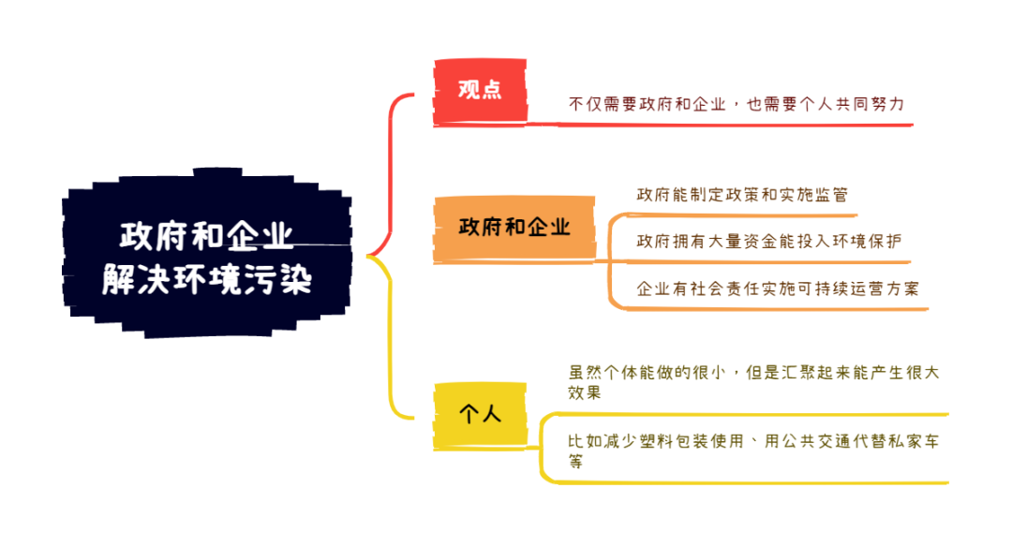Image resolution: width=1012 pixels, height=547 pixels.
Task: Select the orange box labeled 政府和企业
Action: click(513, 228)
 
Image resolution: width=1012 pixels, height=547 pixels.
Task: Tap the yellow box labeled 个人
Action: click(480, 414)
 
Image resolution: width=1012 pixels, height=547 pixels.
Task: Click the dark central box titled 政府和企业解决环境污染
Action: click(207, 254)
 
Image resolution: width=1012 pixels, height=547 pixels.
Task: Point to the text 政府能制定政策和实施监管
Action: click(742, 195)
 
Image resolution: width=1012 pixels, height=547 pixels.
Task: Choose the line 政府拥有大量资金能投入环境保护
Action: click(768, 242)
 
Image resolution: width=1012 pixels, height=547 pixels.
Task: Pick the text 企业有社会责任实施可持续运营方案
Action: click(778, 288)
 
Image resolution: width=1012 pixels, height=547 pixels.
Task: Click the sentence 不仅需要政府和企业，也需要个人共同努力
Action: click(737, 104)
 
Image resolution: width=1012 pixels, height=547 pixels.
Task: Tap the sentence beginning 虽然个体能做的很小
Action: click(753, 382)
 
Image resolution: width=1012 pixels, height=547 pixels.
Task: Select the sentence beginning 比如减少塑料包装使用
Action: click(753, 451)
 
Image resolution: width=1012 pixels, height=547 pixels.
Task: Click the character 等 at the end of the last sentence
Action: click(575, 461)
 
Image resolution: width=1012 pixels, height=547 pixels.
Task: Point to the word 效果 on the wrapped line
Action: click(585, 392)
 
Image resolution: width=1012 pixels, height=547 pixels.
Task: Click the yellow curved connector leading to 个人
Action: click(390, 335)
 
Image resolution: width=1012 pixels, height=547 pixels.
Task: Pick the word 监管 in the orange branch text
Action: click(830, 195)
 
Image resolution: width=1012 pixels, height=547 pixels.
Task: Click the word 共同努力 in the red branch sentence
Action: click(870, 104)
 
